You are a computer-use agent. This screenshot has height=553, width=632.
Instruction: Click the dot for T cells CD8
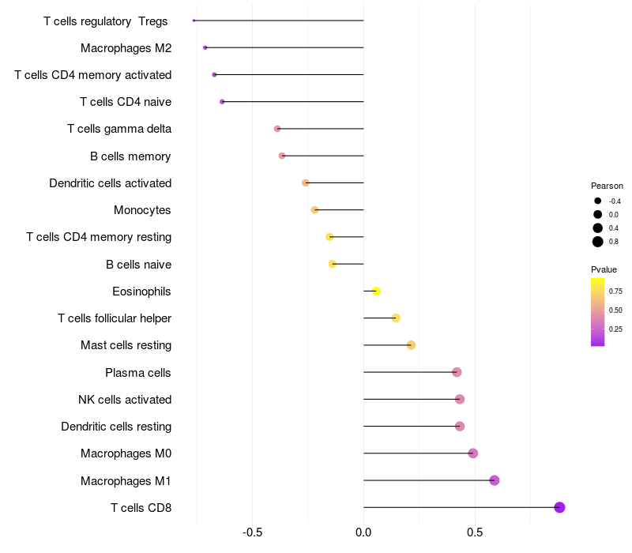coord(559,507)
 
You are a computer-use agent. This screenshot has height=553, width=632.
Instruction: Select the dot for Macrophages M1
coord(495,480)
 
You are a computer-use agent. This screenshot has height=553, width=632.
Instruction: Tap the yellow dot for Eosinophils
coord(376,292)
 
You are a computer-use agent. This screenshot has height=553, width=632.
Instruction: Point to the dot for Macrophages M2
coord(205,48)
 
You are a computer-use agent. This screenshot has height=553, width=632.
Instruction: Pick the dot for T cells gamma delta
coord(277,129)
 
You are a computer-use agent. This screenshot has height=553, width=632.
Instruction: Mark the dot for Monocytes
coord(314,210)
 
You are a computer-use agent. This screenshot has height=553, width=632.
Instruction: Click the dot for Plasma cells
coord(457,372)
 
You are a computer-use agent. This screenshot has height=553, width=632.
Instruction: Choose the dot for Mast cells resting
coord(411,345)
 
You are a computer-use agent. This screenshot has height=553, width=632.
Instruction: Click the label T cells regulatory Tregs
coord(106,21)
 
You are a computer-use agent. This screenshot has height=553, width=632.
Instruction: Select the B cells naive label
coord(138,265)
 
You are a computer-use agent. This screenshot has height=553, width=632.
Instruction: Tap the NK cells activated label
coord(125,400)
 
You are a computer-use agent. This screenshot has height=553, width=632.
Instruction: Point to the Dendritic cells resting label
coord(116,427)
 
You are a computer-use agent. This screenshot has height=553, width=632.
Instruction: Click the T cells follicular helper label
coord(115,318)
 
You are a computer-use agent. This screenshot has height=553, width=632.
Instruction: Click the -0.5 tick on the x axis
coord(252,533)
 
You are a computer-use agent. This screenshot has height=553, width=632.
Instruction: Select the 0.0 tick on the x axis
coord(363,533)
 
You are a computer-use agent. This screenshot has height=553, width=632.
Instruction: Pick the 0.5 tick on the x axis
coord(475,533)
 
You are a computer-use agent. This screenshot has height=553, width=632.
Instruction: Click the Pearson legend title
coord(607,186)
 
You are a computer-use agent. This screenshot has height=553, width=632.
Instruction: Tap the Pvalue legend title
coord(604,269)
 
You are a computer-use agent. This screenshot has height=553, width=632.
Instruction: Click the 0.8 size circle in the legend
coord(598,242)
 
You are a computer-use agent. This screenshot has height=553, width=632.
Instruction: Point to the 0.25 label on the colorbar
coord(615,329)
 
